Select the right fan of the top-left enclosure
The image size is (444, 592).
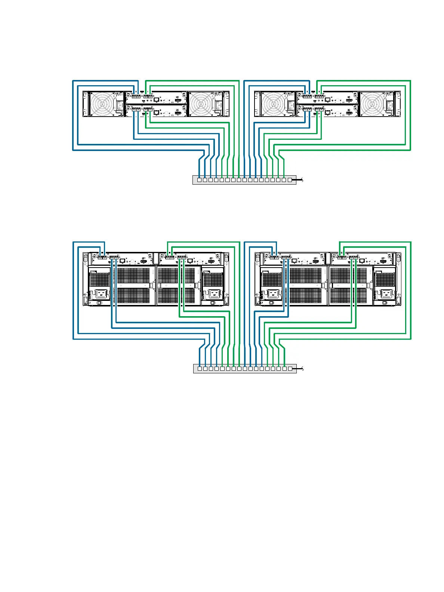point(201,104)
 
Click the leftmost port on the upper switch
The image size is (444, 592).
point(199,180)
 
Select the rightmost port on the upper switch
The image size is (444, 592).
point(289,180)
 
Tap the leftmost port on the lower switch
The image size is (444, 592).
point(200,369)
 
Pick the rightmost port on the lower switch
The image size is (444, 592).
point(290,369)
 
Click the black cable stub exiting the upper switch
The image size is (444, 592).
point(299,180)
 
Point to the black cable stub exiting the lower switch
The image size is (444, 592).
point(299,369)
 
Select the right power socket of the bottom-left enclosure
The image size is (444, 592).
point(214,294)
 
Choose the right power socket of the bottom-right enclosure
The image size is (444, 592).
point(386,294)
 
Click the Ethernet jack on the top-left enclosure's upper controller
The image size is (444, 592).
point(156,100)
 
